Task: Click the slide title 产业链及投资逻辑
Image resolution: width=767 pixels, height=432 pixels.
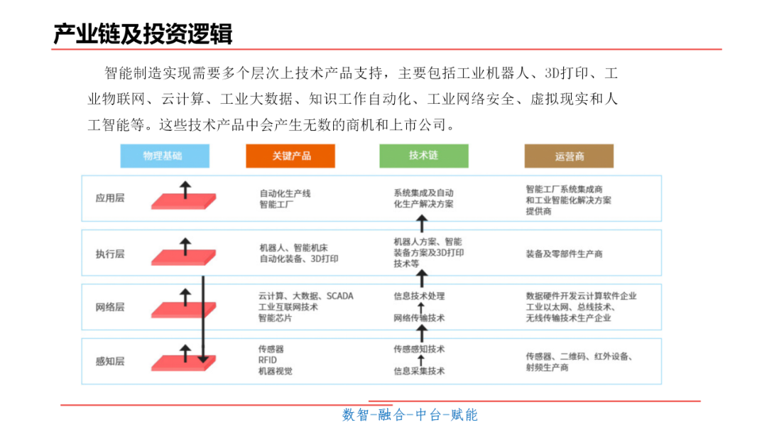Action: [143, 33]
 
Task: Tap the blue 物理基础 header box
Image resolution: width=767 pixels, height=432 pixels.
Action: [164, 156]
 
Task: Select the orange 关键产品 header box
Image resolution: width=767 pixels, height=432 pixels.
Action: [290, 156]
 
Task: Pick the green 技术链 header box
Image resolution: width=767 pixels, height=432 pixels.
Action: [423, 156]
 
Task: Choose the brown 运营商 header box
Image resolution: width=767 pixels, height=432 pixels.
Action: [569, 156]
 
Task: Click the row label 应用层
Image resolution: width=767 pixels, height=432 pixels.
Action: [109, 198]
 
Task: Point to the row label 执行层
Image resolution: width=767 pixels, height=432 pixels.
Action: [109, 254]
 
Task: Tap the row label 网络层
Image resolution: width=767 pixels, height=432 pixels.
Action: [109, 307]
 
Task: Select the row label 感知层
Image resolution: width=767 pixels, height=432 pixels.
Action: [109, 361]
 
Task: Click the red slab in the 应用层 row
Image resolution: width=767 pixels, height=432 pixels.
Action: [183, 202]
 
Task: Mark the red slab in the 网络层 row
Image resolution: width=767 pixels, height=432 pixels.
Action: [183, 310]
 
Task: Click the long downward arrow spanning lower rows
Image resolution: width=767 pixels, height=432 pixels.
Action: [203, 320]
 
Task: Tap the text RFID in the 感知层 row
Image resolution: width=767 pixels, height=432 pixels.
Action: [268, 360]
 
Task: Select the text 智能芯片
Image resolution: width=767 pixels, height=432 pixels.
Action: [275, 318]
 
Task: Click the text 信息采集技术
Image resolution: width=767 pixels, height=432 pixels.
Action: [419, 371]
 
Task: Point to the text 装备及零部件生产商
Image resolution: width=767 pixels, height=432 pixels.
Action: [564, 254]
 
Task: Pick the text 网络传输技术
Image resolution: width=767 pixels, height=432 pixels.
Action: [419, 318]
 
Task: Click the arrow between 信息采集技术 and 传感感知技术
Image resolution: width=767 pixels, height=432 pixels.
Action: [420, 360]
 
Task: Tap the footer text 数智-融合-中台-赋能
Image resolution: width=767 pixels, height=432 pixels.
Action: [410, 415]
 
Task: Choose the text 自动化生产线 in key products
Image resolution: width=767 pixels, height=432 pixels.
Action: [285, 193]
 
